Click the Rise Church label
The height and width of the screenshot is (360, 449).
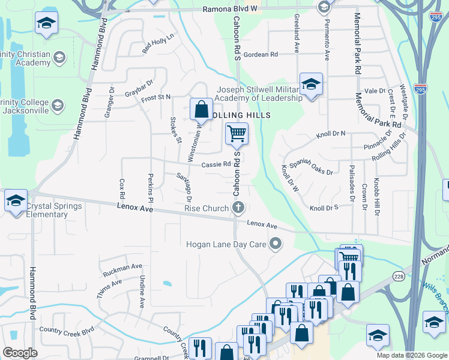(x=207, y=208)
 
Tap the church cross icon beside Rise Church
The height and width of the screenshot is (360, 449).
(x=238, y=208)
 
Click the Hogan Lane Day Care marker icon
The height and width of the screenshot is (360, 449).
(x=276, y=244)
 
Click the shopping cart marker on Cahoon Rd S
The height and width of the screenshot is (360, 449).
(x=237, y=133)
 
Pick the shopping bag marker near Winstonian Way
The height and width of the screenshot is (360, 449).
(x=201, y=109)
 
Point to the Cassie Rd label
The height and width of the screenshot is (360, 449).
(x=216, y=164)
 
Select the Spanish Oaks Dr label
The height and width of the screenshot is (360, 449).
(x=311, y=167)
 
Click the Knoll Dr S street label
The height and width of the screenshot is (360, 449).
(x=324, y=208)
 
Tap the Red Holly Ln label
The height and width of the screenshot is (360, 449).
(x=157, y=44)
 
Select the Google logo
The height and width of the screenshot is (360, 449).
(x=20, y=353)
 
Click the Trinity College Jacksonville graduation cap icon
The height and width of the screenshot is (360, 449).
(x=58, y=106)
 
